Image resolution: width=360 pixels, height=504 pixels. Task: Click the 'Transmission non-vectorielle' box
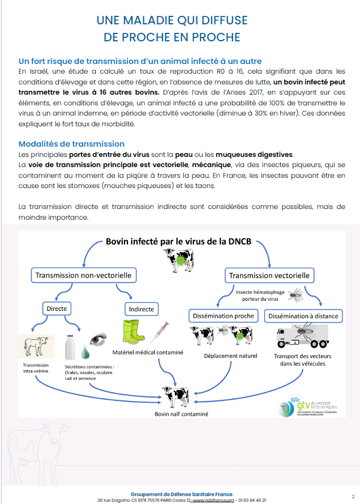[x=83, y=276]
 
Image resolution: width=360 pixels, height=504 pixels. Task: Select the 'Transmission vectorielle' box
[x=269, y=276]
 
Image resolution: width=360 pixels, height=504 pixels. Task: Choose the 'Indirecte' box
[x=142, y=309]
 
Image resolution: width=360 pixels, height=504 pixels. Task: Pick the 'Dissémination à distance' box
[x=303, y=315]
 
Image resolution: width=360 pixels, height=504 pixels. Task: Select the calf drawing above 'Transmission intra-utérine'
[x=35, y=345]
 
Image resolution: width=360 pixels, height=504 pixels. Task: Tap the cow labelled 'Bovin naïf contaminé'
[x=174, y=395]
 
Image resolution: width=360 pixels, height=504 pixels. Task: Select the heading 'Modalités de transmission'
[x=71, y=144]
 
